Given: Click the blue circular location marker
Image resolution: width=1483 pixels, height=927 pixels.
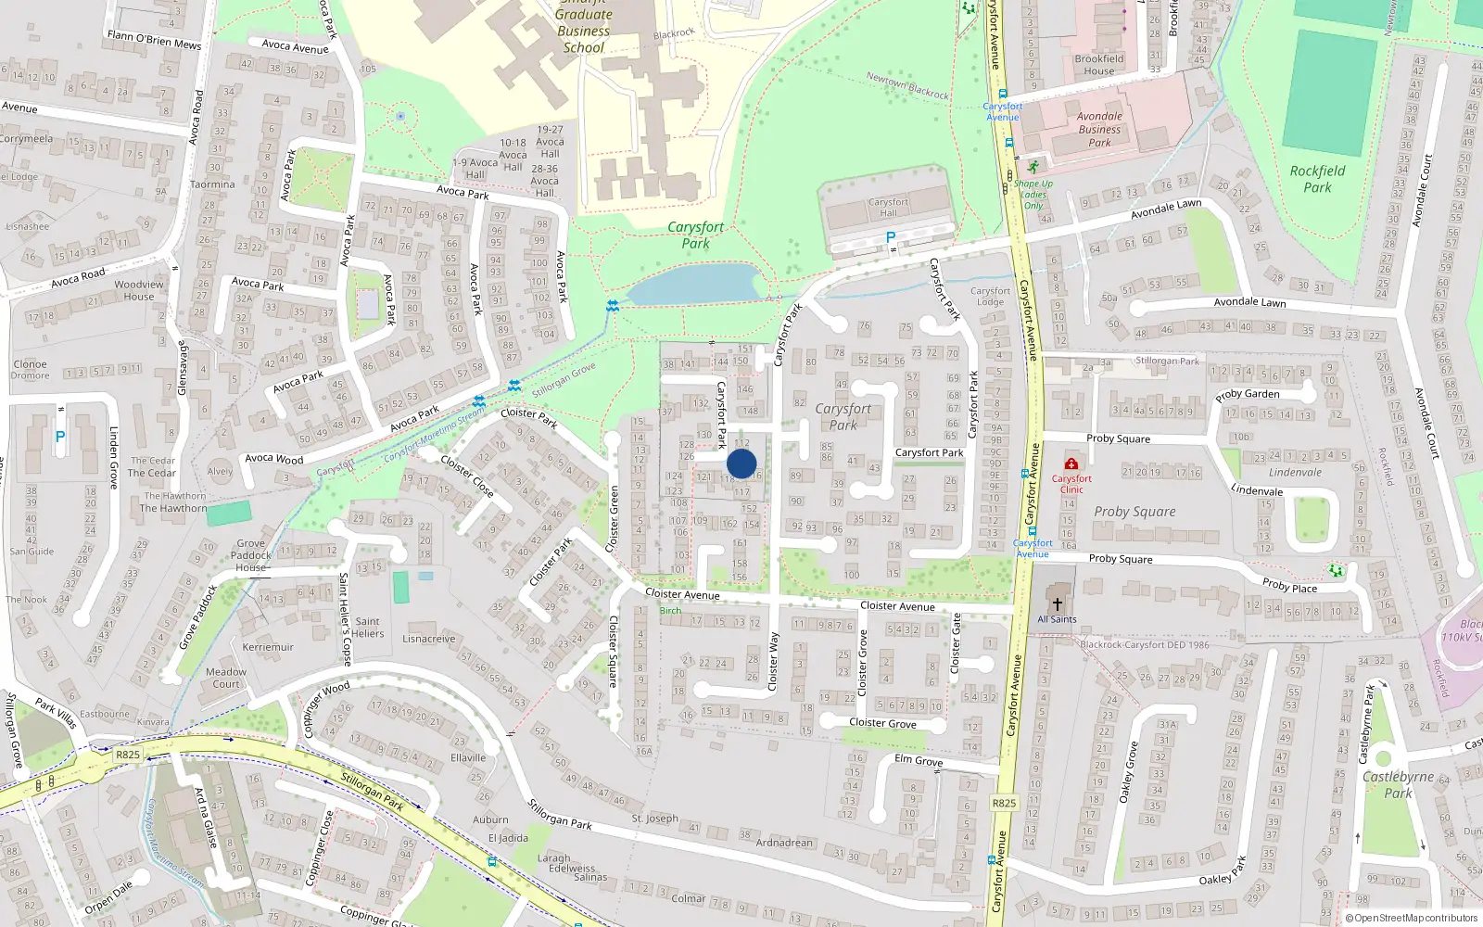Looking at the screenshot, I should (741, 463).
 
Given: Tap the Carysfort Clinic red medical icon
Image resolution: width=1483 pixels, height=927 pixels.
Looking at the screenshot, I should (1071, 463).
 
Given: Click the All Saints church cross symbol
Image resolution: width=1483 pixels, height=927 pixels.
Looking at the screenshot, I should (1057, 603).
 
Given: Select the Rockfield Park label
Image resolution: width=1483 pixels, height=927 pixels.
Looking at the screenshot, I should (1317, 179).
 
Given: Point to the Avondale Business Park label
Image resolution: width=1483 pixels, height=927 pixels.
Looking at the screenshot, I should (1099, 129).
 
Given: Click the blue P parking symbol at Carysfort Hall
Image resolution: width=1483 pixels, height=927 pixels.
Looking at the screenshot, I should (891, 237).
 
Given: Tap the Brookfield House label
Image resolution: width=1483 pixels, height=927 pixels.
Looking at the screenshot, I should (1099, 64).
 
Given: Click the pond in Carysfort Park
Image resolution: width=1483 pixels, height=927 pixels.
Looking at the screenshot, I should (693, 283).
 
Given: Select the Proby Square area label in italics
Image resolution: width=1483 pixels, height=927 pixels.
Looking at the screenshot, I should (1134, 512).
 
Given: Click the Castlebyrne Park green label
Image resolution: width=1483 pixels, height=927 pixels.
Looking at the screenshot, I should (1398, 784).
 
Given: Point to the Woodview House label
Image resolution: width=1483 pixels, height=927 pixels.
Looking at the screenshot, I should (139, 290).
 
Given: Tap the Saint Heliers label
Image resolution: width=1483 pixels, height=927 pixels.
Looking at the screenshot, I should (367, 628).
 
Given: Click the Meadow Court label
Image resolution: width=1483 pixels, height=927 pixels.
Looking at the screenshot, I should (226, 678).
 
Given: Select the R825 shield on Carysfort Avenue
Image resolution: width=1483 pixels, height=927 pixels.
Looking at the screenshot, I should (1004, 803).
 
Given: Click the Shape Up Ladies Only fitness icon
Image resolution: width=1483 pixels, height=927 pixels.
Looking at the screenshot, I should (1033, 168).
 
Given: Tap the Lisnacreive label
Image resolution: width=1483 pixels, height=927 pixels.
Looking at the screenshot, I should (429, 639).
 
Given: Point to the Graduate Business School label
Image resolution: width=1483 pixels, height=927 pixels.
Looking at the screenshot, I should (584, 31).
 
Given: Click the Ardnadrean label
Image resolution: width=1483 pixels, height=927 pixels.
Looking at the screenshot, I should (784, 843).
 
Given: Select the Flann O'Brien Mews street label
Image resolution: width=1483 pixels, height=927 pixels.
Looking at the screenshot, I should (154, 40).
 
